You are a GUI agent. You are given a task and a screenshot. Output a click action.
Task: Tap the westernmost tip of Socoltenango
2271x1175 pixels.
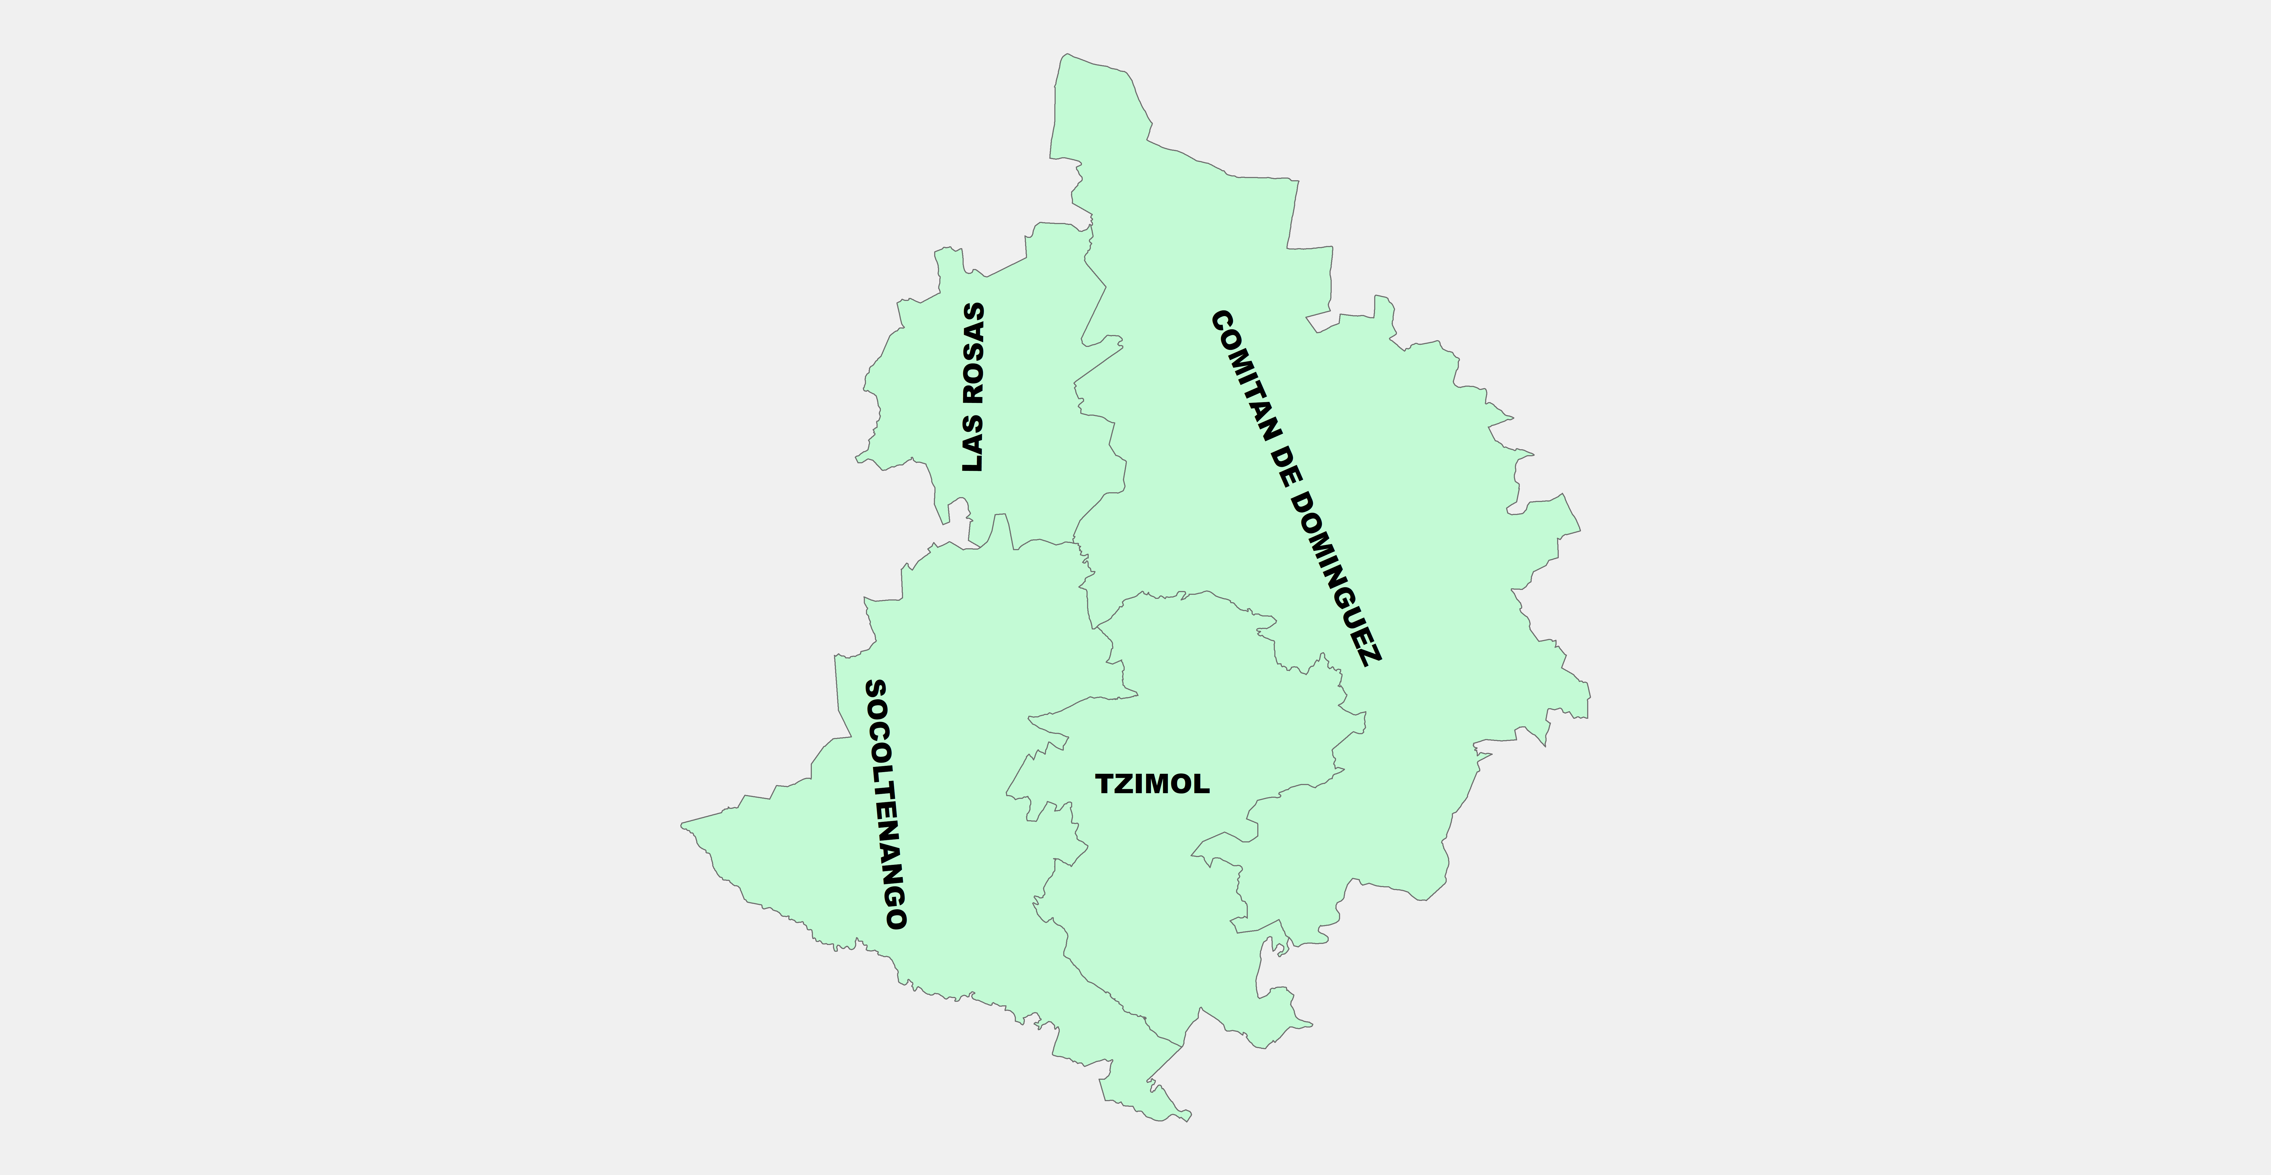pos(682,825)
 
